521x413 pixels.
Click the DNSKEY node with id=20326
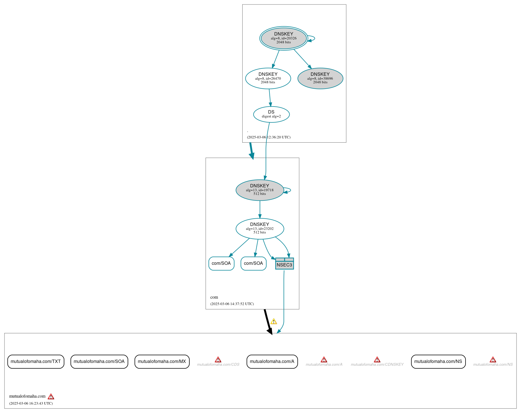pos(283,38)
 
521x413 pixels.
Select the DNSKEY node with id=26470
pos(268,78)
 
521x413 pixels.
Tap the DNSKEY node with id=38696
pos(320,78)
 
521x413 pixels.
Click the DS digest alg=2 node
pos(271,114)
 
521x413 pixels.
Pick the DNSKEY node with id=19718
pos(260,190)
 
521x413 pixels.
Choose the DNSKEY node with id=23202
pos(260,228)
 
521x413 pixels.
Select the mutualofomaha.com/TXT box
pos(36,362)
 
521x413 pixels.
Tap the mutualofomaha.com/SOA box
pos(99,362)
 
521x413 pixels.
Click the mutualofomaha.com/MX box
pos(162,362)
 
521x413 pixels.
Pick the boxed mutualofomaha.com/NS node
pos(438,362)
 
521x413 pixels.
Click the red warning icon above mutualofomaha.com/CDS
pos(218,360)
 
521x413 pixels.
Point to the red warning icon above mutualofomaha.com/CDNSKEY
pos(377,360)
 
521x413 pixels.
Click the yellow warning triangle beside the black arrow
pos(274,322)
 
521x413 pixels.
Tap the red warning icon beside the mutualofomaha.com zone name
pos(51,397)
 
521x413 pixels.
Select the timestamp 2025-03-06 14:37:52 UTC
pos(232,304)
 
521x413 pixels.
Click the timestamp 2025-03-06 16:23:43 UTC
pos(31,403)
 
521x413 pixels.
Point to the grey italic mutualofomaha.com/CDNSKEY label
pos(377,365)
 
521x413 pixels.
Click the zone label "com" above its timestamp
pos(214,297)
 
